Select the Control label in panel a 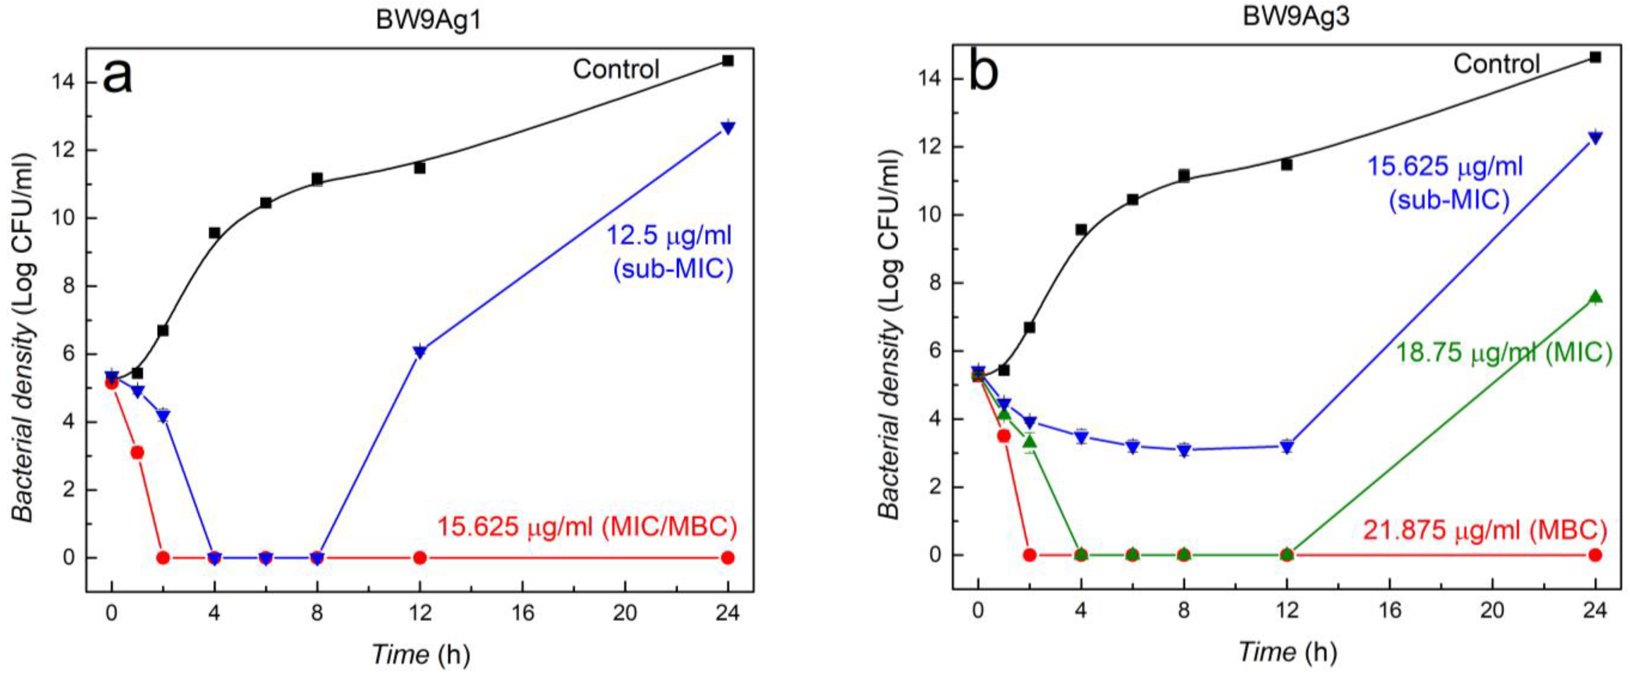click(x=616, y=68)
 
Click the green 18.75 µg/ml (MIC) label click(x=1503, y=352)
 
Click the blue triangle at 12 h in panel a click(x=420, y=352)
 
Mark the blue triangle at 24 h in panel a click(x=728, y=127)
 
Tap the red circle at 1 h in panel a click(x=137, y=452)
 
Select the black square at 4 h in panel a click(x=214, y=233)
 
